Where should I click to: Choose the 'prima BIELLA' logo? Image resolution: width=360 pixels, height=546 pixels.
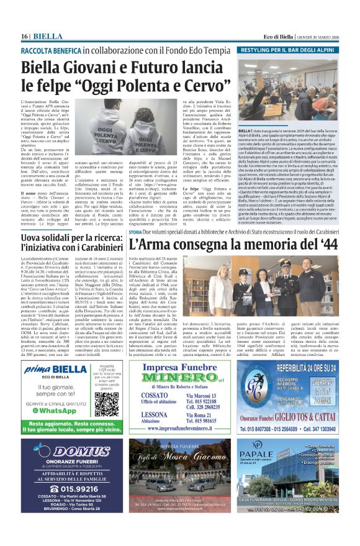49,370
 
